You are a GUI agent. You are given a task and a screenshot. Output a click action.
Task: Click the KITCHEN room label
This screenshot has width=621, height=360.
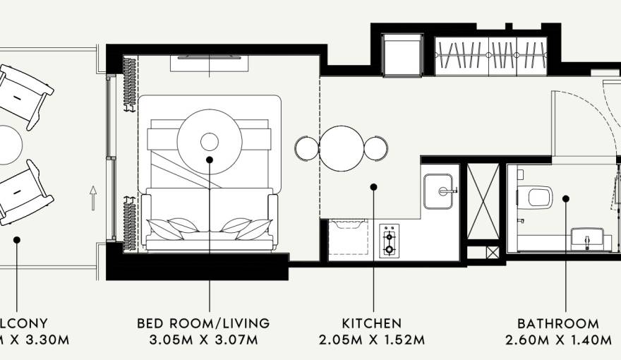pos(372,324)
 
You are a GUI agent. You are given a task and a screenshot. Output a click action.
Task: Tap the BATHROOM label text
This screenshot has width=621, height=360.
pos(558,324)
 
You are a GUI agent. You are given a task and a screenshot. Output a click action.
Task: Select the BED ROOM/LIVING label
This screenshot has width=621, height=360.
pos(204,324)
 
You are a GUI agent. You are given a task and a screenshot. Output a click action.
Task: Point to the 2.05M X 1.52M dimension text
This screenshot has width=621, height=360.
pos(372,341)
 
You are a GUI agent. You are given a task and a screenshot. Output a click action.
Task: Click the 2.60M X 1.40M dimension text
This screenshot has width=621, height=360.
pos(558,341)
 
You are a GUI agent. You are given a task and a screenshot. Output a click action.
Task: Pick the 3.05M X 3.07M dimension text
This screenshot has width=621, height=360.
pos(204,341)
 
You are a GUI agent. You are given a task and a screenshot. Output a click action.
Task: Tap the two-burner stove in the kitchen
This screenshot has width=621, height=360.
pos(390,240)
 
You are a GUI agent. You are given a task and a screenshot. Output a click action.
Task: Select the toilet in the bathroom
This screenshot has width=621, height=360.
pos(538,196)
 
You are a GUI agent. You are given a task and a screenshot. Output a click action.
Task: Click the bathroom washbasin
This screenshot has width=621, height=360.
pos(587,239)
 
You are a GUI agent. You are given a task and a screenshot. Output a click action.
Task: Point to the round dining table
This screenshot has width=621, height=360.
pos(342,148)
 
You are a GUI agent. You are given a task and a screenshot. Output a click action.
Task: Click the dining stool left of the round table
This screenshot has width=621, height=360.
pos(307,148)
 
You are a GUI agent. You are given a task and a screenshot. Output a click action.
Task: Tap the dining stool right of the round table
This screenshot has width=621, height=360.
pos(375,148)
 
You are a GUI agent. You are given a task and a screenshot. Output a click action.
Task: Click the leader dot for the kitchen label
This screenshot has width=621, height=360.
pos(373,187)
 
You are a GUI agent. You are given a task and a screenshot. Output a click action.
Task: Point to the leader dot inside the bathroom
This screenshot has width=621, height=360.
pos(565,199)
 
